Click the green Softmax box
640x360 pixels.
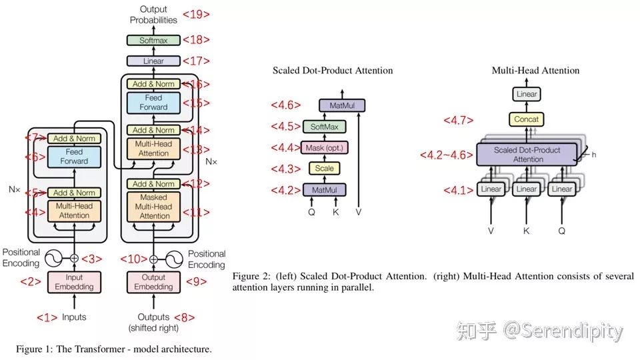[154, 40]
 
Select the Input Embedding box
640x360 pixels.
[74, 282]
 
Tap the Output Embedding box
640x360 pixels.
[154, 282]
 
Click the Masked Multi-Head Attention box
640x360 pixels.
[154, 207]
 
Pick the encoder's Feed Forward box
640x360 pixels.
[74, 157]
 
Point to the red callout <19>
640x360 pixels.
[197, 14]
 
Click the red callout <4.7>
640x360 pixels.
[459, 121]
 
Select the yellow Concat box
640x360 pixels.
[527, 119]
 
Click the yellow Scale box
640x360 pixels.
[324, 169]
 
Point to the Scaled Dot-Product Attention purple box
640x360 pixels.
[527, 155]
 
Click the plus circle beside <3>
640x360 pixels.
[74, 259]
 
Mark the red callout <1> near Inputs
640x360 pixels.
[47, 317]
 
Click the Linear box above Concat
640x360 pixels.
[527, 94]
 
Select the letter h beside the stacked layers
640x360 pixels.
[593, 154]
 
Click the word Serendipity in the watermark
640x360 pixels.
[572, 331]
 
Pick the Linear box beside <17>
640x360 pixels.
[154, 61]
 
